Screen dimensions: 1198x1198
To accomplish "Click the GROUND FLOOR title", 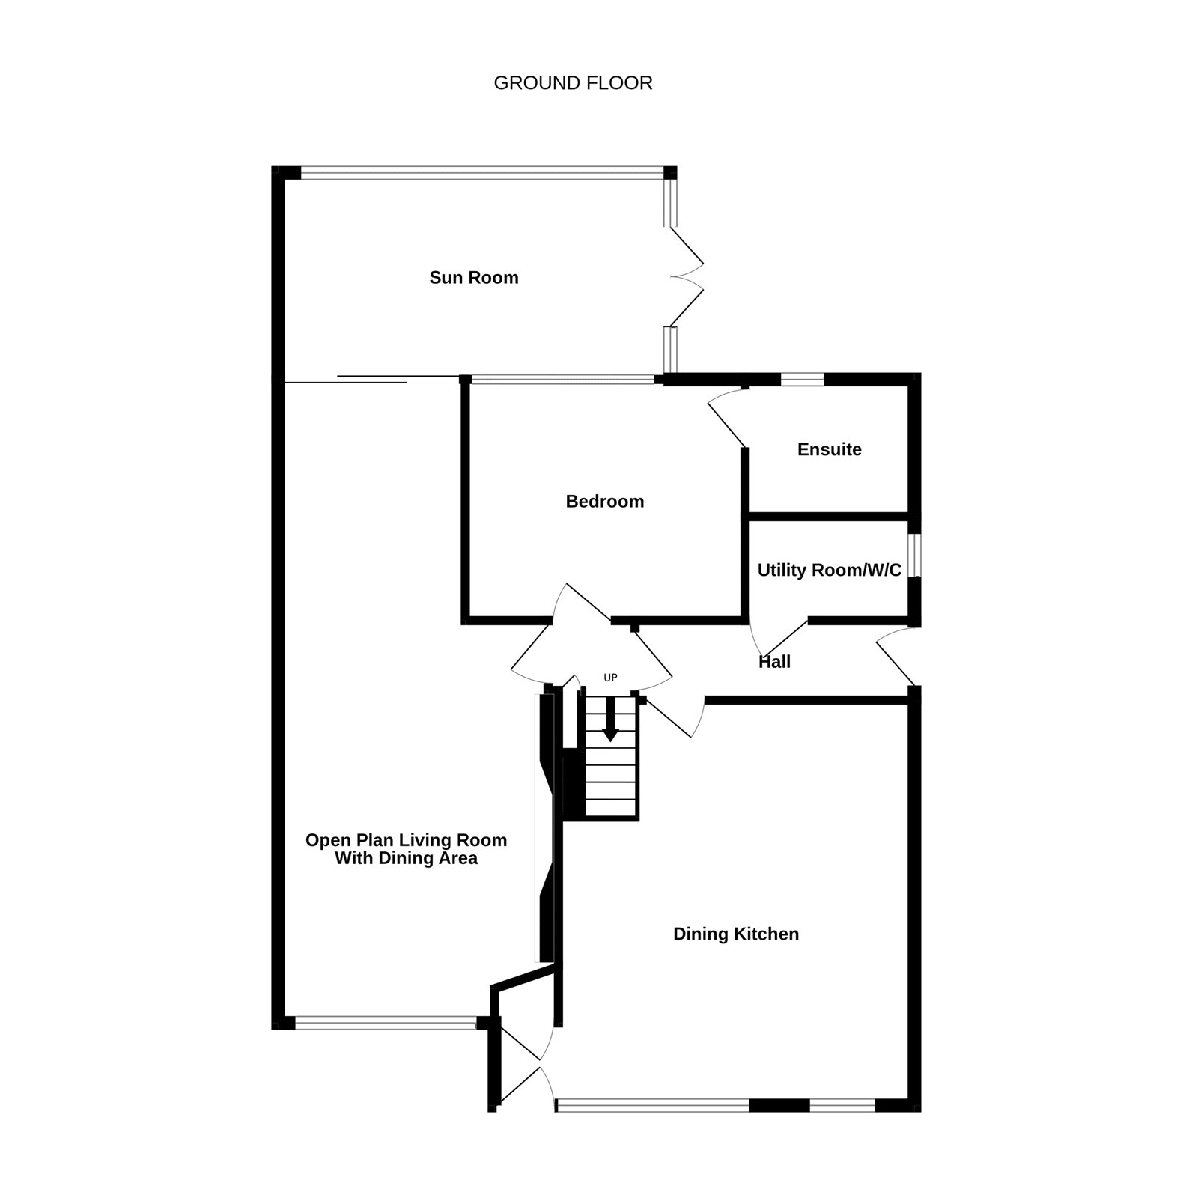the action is point(573,83).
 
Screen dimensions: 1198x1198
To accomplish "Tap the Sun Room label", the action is point(474,278).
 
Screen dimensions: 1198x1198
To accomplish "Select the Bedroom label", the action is point(605,502).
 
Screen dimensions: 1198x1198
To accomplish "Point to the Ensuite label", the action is point(830,449).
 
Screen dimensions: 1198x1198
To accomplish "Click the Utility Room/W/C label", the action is point(830,571).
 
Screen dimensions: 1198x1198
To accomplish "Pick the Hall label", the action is point(774,662).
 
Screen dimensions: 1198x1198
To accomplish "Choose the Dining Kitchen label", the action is point(736,934).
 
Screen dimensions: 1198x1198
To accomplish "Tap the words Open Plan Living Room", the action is point(407,840).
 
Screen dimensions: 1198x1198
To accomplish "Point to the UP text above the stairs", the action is point(610,678).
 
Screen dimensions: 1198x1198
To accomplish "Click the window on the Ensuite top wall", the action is point(802,380).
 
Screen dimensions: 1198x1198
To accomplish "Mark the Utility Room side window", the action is point(914,556).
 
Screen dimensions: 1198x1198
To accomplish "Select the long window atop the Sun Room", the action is point(481,173).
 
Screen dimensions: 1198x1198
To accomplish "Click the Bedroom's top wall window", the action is point(562,380).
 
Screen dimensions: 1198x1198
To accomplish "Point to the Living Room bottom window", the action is point(386,1022).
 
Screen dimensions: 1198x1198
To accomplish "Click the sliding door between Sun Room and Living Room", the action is point(371,380).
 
